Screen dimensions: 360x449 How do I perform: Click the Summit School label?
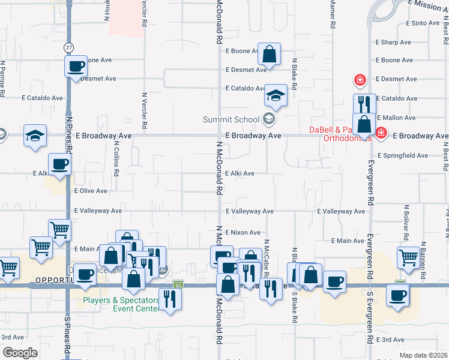[x=231, y=119]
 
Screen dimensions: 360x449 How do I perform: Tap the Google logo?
[x=20, y=353]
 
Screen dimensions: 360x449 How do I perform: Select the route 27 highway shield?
[x=70, y=47]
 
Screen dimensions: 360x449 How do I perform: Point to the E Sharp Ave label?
[x=393, y=43]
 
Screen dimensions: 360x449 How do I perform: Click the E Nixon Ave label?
[x=243, y=232]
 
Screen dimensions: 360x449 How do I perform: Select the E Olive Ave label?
[x=90, y=191]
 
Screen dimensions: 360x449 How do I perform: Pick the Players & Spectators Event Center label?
[x=121, y=304]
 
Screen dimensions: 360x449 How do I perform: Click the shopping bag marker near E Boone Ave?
[x=270, y=54]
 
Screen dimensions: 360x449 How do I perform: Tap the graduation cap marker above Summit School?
[x=276, y=95]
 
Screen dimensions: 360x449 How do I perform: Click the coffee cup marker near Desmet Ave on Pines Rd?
[x=76, y=67]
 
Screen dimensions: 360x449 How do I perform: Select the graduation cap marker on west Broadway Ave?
[x=35, y=136]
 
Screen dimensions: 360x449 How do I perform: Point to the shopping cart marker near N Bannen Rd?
[x=408, y=257]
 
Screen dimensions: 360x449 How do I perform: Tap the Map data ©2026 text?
[x=423, y=355]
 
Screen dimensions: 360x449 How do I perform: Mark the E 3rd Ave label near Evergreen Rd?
[x=391, y=340]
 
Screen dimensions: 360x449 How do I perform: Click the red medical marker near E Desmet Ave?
[x=360, y=79]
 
